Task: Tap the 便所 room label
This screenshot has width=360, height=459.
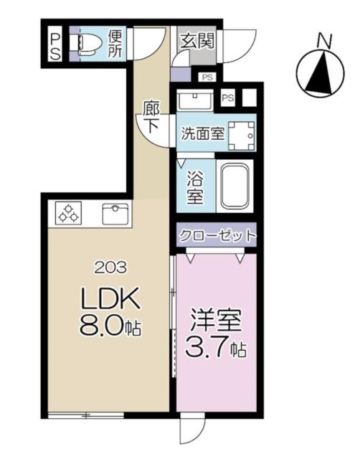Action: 115,44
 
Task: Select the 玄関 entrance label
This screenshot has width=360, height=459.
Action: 197,41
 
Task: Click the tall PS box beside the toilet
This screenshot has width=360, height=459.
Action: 55,44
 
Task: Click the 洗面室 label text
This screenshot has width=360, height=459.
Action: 203,134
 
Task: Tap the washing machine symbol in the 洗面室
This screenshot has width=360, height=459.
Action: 242,136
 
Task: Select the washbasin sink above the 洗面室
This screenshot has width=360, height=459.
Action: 195,99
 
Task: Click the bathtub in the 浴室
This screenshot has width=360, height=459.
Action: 235,186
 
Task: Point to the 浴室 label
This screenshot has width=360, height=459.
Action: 195,186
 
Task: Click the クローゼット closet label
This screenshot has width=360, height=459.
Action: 217,235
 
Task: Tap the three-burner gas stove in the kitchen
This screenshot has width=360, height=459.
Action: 69,213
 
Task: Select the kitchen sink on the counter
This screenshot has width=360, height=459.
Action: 115,214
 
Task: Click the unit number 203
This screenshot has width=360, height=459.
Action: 111,268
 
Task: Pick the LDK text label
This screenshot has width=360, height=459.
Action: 110,298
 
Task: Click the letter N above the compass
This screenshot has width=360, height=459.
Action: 325,42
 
